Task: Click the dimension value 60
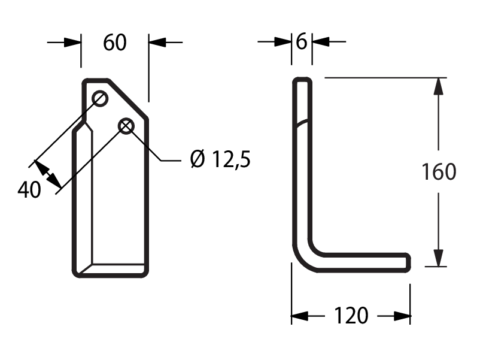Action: (114, 43)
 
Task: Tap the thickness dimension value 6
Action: (302, 41)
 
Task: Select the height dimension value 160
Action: (439, 171)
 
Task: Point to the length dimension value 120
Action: (351, 316)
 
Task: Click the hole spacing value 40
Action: (29, 190)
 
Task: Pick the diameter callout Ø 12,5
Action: (220, 159)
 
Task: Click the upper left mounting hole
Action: (100, 99)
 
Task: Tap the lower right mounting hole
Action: (126, 126)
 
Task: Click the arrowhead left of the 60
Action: (73, 43)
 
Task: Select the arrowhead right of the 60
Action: (157, 43)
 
